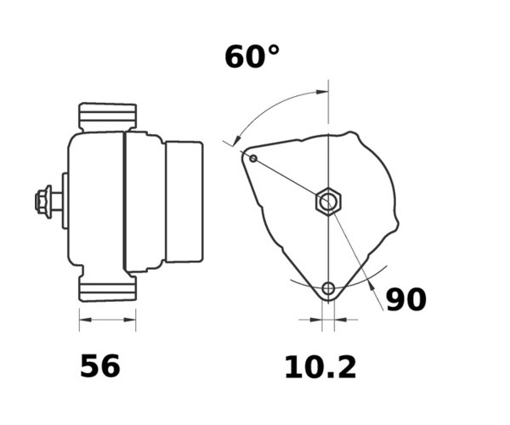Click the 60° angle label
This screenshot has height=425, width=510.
click(252, 57)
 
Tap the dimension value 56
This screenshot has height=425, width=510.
click(99, 365)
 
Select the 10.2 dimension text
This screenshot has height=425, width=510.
click(320, 367)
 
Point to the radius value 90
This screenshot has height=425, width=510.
click(406, 299)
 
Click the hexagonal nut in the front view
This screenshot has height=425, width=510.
click(328, 201)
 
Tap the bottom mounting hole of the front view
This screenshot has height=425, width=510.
click(328, 288)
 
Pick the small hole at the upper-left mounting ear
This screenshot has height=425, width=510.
click(253, 159)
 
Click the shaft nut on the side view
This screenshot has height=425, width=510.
click(43, 201)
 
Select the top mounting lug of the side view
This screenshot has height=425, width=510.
click(108, 117)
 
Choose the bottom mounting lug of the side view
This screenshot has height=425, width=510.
click(108, 288)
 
